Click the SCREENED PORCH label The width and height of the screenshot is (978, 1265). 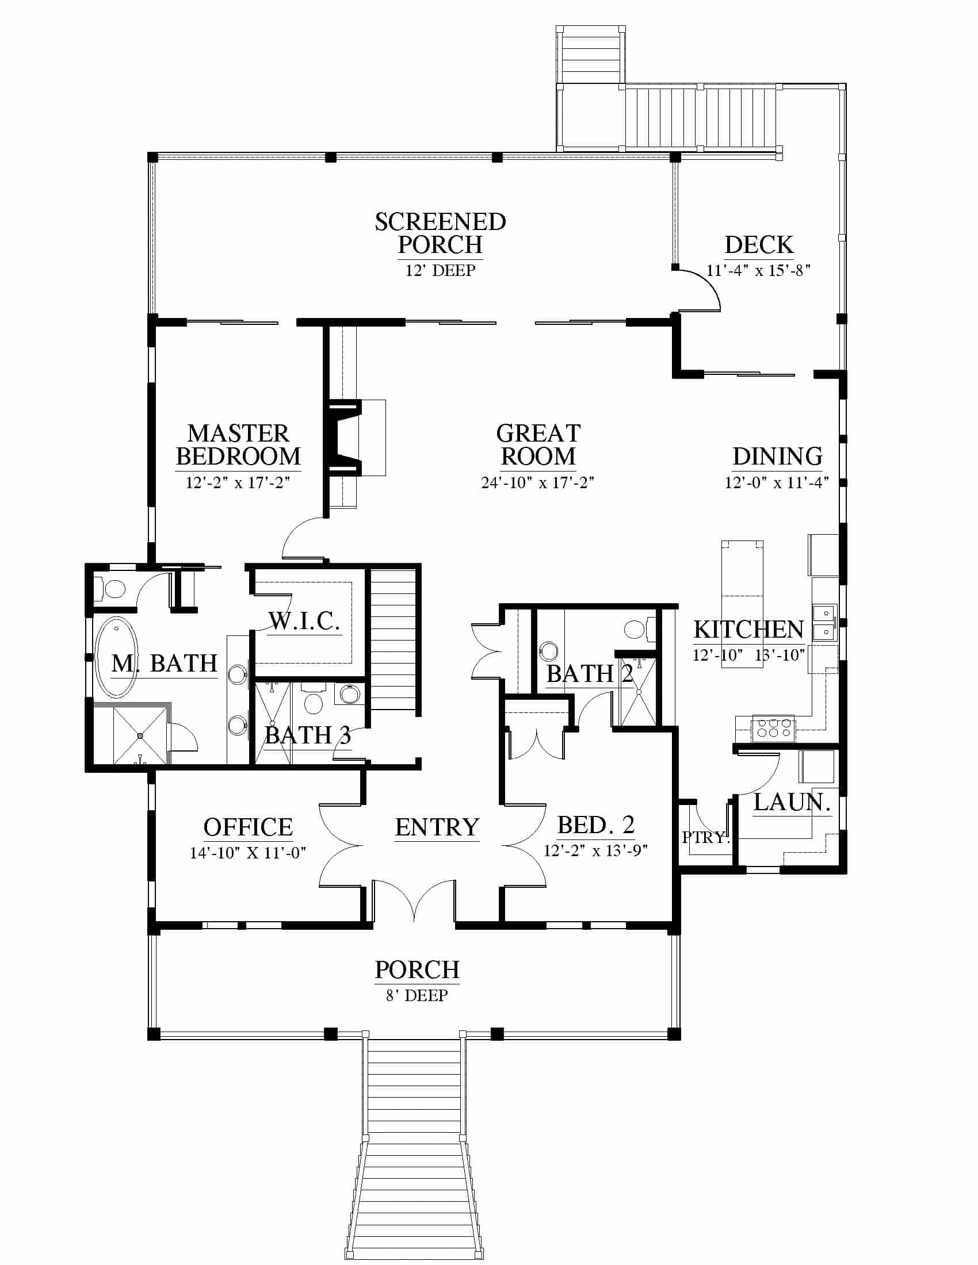pyautogui.click(x=440, y=233)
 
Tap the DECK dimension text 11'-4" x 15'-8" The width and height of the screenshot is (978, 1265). pyautogui.click(x=758, y=270)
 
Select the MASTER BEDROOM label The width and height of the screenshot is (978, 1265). pyautogui.click(x=238, y=445)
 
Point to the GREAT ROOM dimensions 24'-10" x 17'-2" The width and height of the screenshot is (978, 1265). pyautogui.click(x=538, y=482)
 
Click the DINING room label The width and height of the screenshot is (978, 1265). pyautogui.click(x=778, y=457)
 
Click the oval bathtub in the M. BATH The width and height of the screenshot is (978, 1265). pyautogui.click(x=116, y=657)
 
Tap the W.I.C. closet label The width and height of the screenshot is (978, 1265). pyautogui.click(x=304, y=621)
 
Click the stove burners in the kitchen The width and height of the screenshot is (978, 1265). pyautogui.click(x=773, y=728)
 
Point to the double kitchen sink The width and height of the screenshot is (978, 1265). pyautogui.click(x=824, y=622)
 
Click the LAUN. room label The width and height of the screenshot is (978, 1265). pyautogui.click(x=792, y=802)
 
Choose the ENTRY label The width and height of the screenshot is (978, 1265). pyautogui.click(x=437, y=827)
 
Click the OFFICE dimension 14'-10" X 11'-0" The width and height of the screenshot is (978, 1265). pyautogui.click(x=248, y=853)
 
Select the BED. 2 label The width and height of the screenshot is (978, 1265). pyautogui.click(x=595, y=825)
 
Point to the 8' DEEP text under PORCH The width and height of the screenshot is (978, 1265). pyautogui.click(x=417, y=995)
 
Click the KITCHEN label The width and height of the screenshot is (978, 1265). pyautogui.click(x=748, y=630)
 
